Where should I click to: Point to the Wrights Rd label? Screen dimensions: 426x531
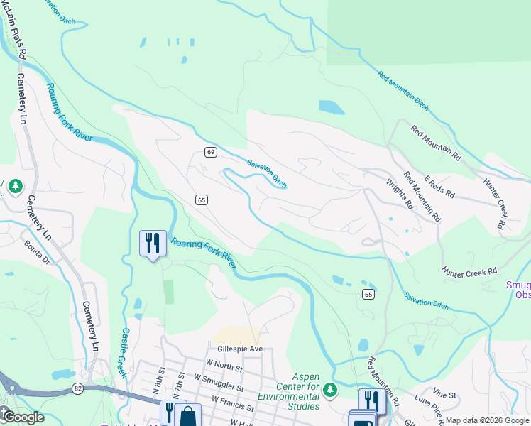coord(400,194)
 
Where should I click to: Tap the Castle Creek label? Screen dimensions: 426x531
coord(124,352)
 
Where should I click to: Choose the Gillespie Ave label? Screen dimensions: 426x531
coord(235,349)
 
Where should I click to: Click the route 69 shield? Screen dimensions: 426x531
coord(211,152)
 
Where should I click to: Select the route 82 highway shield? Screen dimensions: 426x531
coord(77,388)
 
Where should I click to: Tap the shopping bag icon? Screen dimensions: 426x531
coord(187,416)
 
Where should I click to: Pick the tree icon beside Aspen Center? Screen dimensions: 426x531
coord(329,389)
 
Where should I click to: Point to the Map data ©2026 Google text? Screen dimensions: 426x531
coord(487,420)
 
